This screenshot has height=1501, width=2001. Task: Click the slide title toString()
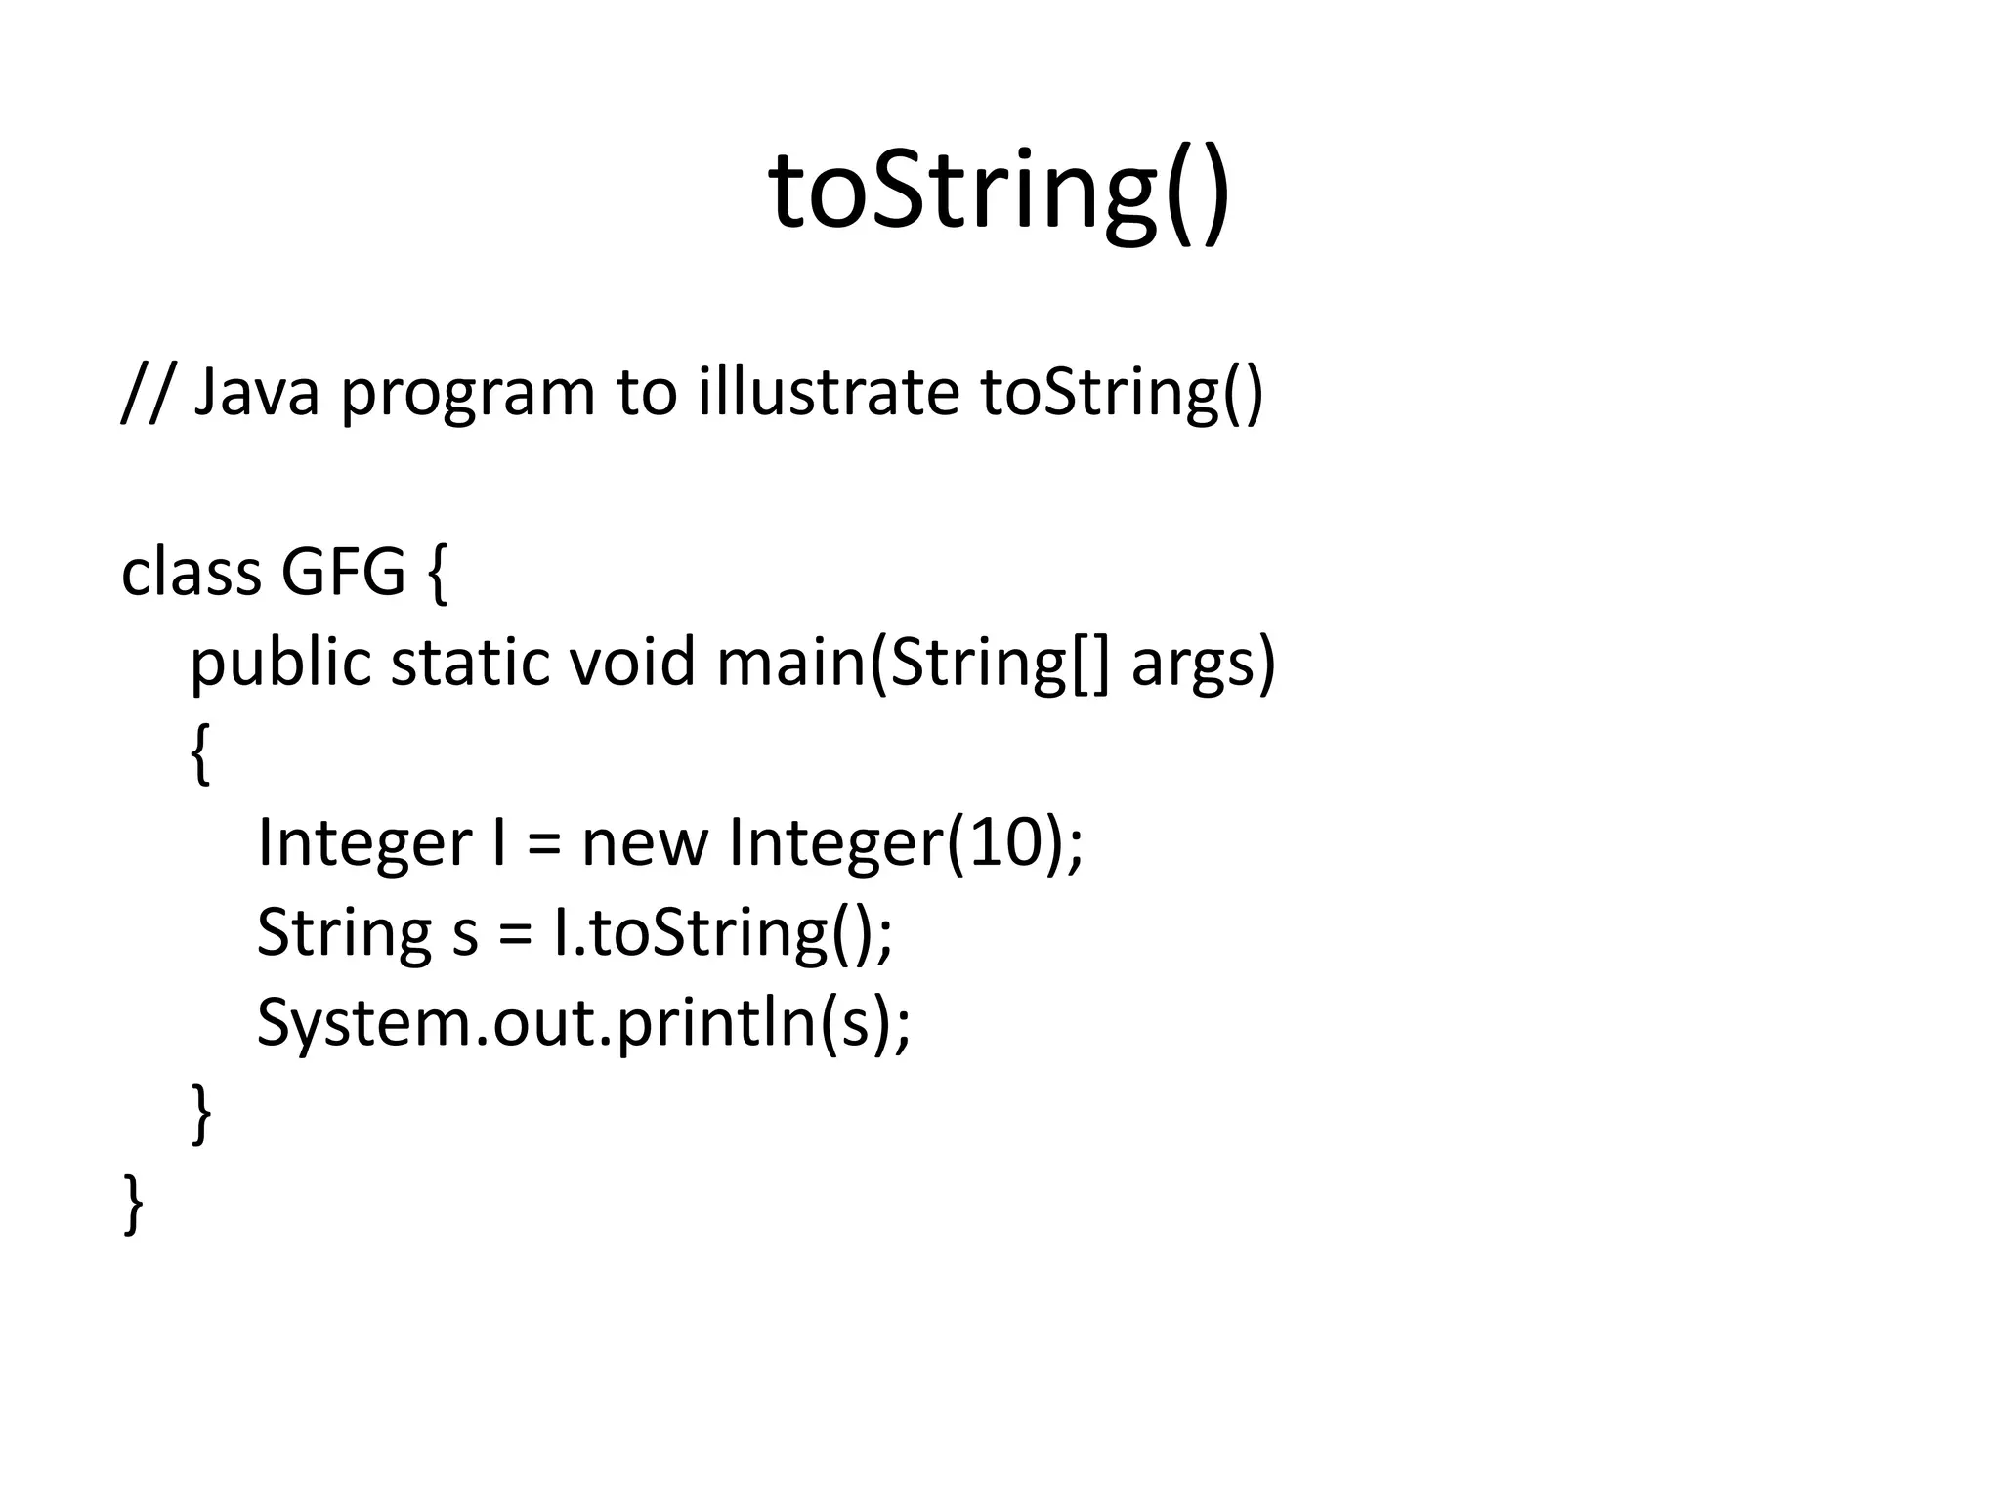tap(999, 191)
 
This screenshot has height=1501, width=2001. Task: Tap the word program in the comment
tap(467, 396)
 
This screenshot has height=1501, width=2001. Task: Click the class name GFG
tap(343, 573)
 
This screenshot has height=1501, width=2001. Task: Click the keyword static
tap(469, 663)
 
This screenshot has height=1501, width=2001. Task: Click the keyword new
tap(644, 842)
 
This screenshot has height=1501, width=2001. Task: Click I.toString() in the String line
tap(721, 932)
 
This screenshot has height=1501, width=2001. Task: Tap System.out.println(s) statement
tap(582, 1023)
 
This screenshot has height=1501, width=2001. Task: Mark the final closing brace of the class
tap(133, 1203)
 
